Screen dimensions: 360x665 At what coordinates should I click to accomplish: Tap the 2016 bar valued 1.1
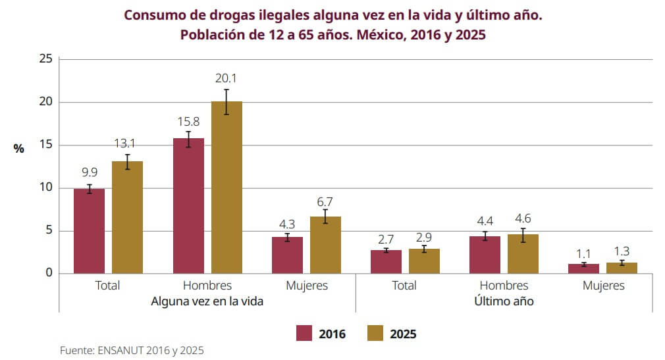coord(583,269)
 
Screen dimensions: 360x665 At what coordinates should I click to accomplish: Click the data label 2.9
coord(424,236)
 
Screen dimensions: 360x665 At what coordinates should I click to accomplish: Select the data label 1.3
coord(622,250)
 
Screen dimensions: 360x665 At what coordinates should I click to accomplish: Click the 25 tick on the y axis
coord(45,59)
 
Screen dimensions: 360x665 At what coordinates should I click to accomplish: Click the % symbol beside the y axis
coord(18,149)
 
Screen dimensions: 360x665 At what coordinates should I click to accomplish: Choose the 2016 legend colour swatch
coord(304,334)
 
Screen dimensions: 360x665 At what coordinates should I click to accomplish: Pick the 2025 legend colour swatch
coord(375,334)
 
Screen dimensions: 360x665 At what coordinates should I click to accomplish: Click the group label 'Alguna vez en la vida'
coord(207,301)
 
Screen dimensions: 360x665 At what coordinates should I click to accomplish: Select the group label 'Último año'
coord(504,301)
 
